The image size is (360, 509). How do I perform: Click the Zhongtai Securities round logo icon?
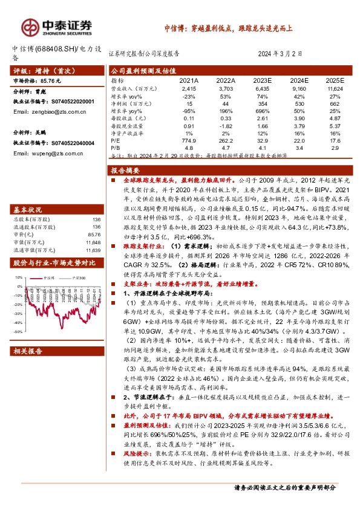pos(28,26)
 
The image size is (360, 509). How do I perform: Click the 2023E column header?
pos(262,80)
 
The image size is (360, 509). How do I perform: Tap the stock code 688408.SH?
pos(52,48)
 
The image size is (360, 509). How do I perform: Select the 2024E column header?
pos(298,80)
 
